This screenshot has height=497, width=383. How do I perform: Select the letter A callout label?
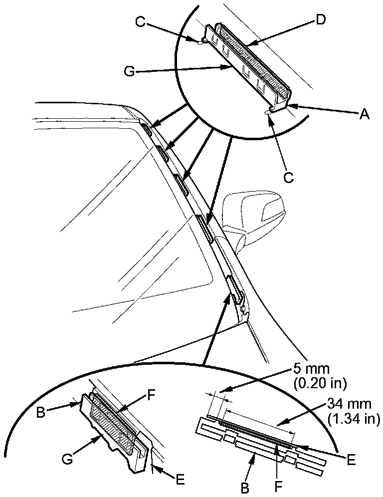(x=365, y=114)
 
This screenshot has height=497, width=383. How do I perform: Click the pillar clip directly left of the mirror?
(x=205, y=228)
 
